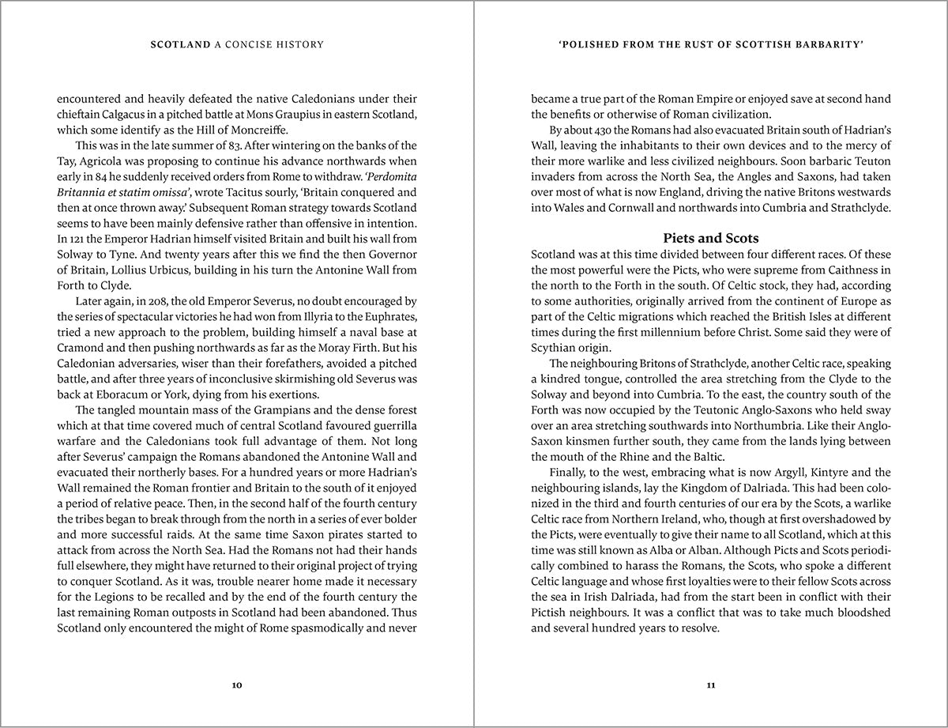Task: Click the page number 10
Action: pyautogui.click(x=237, y=685)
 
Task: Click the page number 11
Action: pyautogui.click(x=711, y=685)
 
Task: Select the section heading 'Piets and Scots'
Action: pyautogui.click(x=711, y=238)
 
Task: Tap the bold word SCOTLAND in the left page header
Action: pyautogui.click(x=180, y=45)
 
